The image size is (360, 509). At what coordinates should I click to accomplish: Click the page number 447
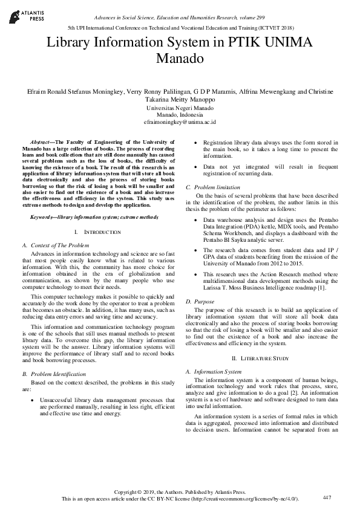coord(327,497)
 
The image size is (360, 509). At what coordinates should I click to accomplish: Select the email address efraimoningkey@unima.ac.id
coord(179,122)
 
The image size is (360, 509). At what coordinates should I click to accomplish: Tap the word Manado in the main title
coord(180,59)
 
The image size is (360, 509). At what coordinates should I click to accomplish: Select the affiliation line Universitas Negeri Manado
coord(180,108)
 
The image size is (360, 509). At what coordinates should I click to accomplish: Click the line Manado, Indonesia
coord(180,114)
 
